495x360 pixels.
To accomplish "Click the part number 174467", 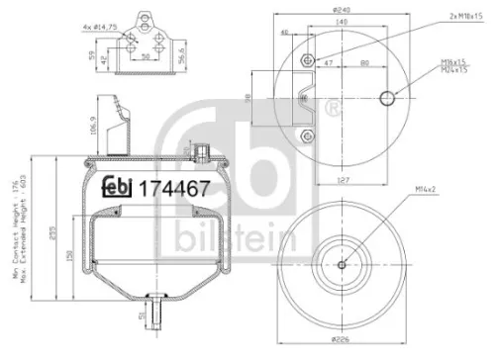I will pos(173,189).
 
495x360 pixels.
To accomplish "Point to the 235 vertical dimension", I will pos(52,224).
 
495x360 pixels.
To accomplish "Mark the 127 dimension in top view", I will pos(342,180).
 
